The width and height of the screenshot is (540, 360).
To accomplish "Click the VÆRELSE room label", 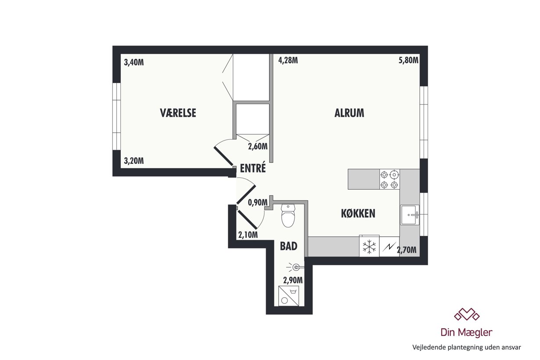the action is click(178, 113).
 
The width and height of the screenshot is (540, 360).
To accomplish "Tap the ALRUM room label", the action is click(349, 113).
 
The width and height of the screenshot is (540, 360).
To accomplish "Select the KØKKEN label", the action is click(358, 213).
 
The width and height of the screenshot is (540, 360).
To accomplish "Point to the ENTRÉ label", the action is click(252, 168).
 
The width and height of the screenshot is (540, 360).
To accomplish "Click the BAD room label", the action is click(288, 246).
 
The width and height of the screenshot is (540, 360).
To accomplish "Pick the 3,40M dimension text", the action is click(134, 62).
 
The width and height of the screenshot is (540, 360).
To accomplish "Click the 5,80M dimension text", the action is click(408, 60).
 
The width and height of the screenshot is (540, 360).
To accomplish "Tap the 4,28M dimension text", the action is click(288, 60).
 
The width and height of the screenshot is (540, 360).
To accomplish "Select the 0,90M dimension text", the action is click(258, 202).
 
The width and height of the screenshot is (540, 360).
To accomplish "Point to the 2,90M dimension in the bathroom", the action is click(293, 280).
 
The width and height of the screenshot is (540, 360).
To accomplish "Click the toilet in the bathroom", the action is click(288, 216).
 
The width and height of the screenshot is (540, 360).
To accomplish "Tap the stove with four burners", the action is click(389, 179).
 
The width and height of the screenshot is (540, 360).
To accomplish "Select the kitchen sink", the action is click(410, 215).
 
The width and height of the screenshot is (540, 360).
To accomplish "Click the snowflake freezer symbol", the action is click(369, 247).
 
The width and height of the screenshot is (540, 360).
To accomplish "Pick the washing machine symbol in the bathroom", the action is click(288, 296).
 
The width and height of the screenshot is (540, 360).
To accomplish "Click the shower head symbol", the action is click(295, 267).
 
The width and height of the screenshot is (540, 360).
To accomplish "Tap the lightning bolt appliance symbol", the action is click(389, 247).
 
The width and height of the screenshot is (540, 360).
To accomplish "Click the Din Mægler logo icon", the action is click(467, 314).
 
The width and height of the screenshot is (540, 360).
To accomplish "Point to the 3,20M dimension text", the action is click(134, 161).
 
